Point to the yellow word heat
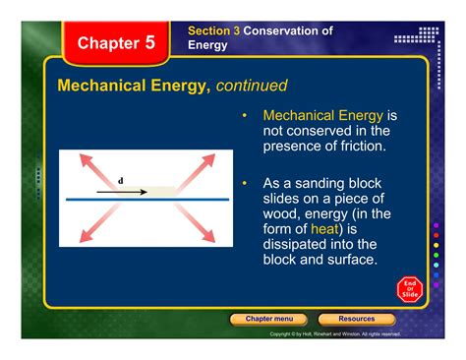[324, 228]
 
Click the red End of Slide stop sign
[410, 290]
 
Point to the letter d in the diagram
[121, 181]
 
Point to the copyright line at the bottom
[334, 334]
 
